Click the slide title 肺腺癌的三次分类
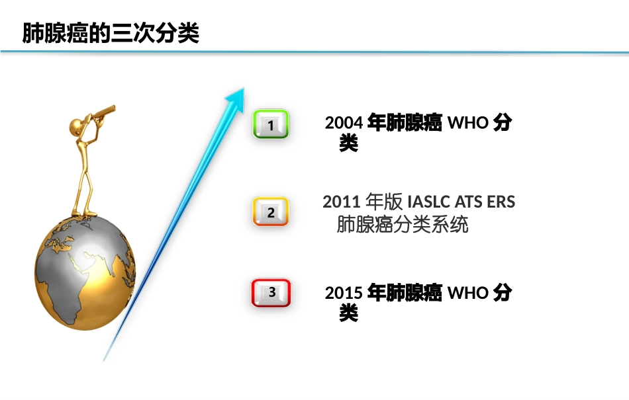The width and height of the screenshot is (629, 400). (x=111, y=33)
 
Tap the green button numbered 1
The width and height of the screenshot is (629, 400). (x=271, y=124)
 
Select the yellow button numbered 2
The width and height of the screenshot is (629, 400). (x=271, y=212)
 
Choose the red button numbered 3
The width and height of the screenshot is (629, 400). (x=271, y=292)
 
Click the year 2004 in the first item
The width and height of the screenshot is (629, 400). (x=344, y=124)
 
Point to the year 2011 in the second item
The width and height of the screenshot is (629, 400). (x=342, y=202)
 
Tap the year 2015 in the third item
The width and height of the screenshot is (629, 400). (x=344, y=294)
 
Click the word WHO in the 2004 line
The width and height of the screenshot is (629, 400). (x=468, y=124)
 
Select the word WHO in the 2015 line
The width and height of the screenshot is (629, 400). (x=468, y=294)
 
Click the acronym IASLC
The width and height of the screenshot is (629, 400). (x=429, y=202)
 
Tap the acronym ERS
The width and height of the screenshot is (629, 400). (x=501, y=202)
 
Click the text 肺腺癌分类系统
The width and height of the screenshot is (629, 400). (x=403, y=225)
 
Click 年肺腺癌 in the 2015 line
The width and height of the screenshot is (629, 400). (x=405, y=294)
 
